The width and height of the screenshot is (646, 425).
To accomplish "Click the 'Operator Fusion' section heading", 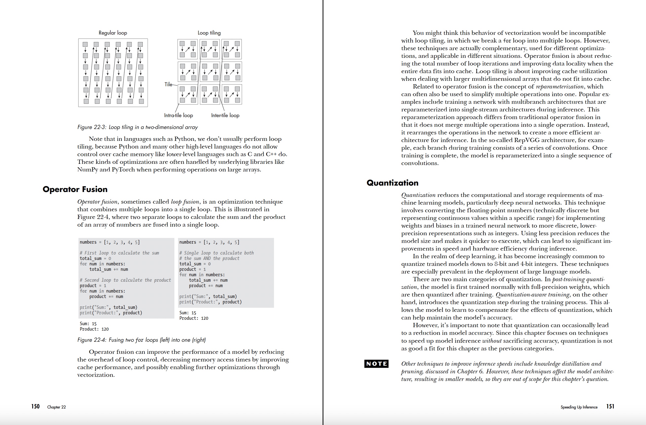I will click(75, 189).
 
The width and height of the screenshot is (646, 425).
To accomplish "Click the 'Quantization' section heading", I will click(392, 183).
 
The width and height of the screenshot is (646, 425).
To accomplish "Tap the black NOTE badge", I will click(376, 364).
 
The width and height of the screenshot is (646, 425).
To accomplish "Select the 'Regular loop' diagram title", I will click(113, 33).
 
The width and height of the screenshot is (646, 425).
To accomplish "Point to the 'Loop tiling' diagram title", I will click(209, 33).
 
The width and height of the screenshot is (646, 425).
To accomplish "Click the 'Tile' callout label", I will click(168, 85).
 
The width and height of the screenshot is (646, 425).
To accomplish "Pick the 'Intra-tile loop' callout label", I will click(178, 115).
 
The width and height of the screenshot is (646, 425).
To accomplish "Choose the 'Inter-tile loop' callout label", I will click(225, 115).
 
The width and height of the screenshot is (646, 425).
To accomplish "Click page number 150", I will click(35, 406).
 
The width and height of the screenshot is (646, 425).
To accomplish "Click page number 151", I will click(610, 406).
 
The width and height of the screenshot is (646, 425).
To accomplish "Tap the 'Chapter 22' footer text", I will click(57, 407).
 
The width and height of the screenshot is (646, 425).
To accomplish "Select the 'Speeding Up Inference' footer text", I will click(579, 407).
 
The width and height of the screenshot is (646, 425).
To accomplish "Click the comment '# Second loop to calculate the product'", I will click(125, 280).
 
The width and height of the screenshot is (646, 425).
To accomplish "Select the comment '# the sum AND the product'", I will click(209, 258).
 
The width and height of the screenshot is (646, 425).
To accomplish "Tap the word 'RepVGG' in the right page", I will click(530, 140).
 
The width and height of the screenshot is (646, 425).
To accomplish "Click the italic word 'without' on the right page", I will click(492, 341).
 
